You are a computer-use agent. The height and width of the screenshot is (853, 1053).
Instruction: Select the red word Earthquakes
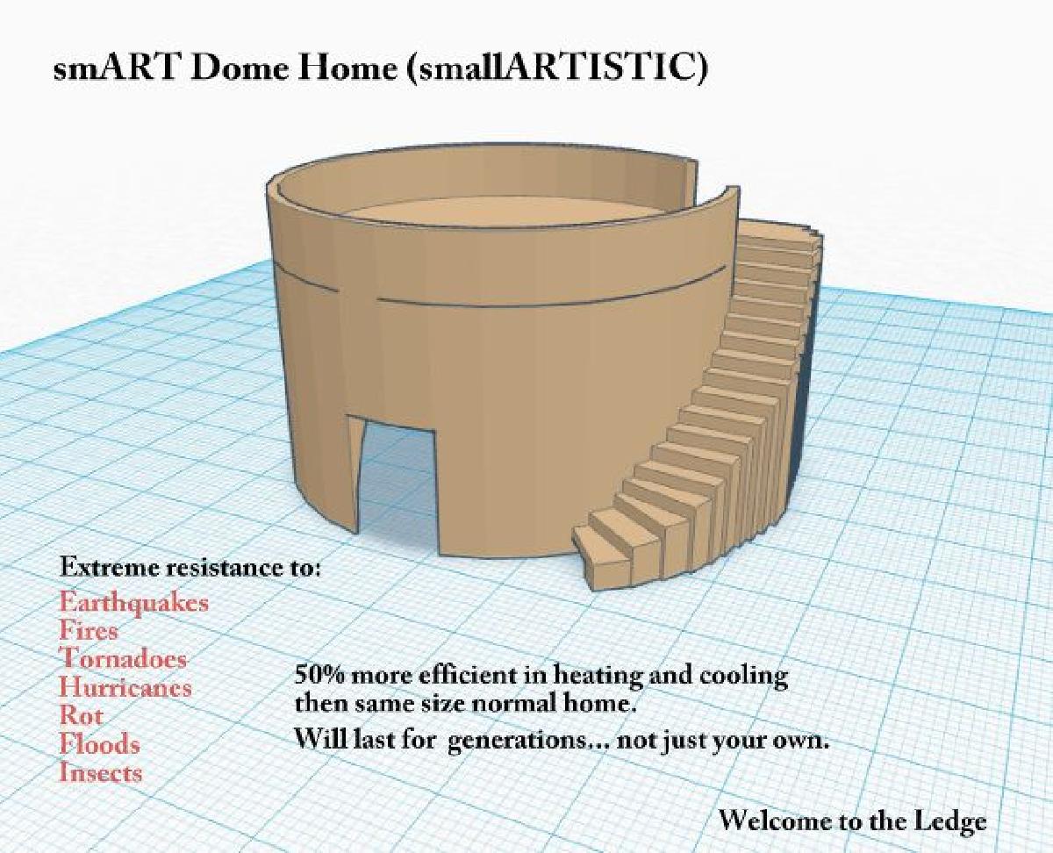pos(134,603)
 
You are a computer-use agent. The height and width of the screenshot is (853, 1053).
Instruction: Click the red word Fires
pos(89,630)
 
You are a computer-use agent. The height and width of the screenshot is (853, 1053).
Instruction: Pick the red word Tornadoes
pos(123,658)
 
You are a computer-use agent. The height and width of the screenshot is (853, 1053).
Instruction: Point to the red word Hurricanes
pos(125,687)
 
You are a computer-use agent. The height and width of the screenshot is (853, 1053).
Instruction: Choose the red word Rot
pos(80,715)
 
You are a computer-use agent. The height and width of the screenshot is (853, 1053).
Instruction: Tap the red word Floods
pos(99,744)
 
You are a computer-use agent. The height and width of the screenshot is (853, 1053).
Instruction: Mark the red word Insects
pos(100,772)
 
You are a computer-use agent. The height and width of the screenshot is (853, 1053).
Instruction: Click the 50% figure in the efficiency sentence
pos(318,677)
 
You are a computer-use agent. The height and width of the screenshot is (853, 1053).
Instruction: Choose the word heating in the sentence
pos(600,677)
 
